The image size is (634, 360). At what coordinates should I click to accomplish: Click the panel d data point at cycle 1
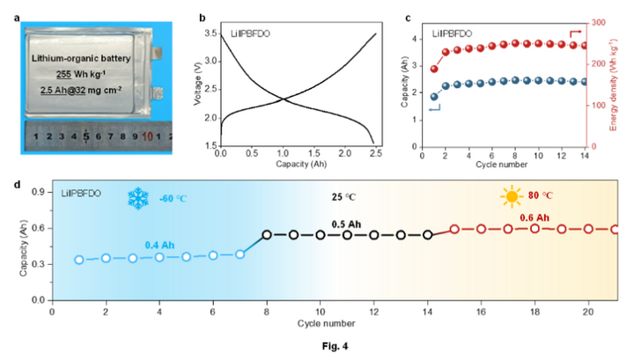pyautogui.click(x=79, y=260)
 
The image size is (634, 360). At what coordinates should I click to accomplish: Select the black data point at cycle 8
pyautogui.click(x=267, y=235)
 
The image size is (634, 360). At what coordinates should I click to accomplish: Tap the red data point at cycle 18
pyautogui.click(x=534, y=229)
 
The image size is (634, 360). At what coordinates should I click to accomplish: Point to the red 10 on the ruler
pyautogui.click(x=146, y=136)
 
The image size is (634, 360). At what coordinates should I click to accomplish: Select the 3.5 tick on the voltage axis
pyautogui.click(x=212, y=33)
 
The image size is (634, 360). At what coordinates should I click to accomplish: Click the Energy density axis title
pyautogui.click(x=623, y=84)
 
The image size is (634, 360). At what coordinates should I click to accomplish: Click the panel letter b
pyautogui.click(x=203, y=18)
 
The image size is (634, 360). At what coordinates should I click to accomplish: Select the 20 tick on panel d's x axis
pyautogui.click(x=588, y=312)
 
